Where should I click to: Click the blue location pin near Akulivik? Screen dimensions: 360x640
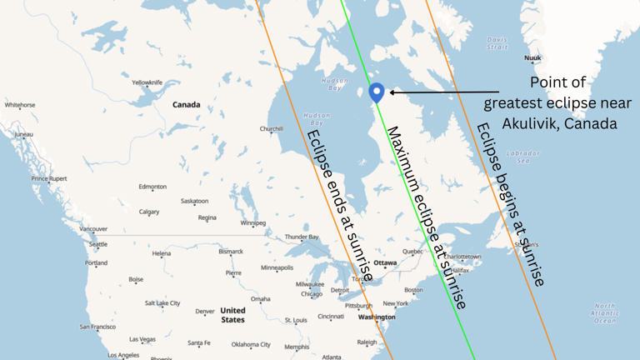[x=377, y=92]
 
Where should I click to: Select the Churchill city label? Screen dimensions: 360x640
[x=272, y=129]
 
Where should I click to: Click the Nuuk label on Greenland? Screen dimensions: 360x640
[x=532, y=57]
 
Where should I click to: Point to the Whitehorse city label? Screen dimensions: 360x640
[x=20, y=105]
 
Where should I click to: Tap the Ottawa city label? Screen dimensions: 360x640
[x=385, y=262]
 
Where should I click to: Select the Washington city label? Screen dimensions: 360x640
[x=376, y=317]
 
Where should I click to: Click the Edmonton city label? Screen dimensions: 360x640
[x=152, y=187]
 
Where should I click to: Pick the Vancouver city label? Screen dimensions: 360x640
[x=93, y=228]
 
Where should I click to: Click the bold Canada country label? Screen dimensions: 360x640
[x=187, y=105]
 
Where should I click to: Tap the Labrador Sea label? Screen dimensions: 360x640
[x=522, y=157]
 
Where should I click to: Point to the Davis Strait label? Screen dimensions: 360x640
[x=497, y=42]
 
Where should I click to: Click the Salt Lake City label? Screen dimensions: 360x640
[x=162, y=303]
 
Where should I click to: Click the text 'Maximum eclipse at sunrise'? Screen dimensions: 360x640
[x=425, y=218]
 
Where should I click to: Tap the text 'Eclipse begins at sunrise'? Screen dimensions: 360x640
[x=510, y=204]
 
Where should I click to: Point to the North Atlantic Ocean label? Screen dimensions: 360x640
[x=605, y=313]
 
